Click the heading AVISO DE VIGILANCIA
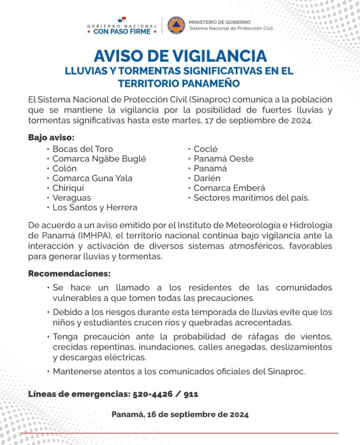point(180,56)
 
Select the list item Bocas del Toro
point(82,149)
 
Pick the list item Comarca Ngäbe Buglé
point(99,159)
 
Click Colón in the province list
point(65,169)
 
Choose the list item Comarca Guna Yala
point(92,178)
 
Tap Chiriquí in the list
point(68,188)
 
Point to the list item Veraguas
point(72,197)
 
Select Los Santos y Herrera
point(95,207)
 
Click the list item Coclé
point(205,149)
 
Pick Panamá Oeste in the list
point(223,159)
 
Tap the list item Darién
point(207,178)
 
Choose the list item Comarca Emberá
point(229,188)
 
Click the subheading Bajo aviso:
point(51,137)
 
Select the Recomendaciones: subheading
point(69,274)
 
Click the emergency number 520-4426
point(154,394)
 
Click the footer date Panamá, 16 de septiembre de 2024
point(180,414)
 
